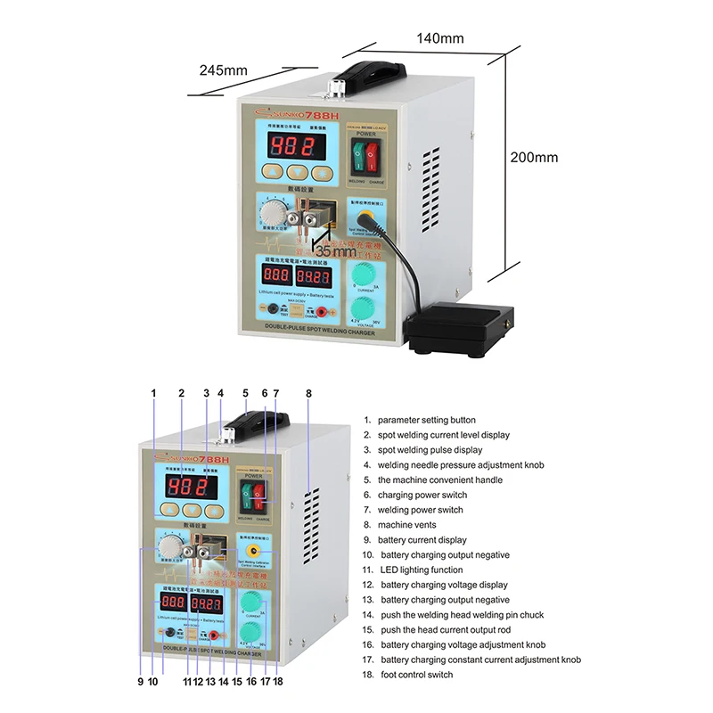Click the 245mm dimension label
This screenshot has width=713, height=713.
tap(223, 70)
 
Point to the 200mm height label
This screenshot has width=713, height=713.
tap(534, 157)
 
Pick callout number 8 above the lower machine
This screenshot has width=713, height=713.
tap(308, 393)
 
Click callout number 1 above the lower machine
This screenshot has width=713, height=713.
tap(153, 393)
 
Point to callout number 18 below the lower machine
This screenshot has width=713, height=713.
tap(279, 682)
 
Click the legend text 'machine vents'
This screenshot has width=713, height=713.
tap(412, 525)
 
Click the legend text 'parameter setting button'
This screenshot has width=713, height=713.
tap(427, 420)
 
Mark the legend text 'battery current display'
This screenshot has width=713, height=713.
tap(422, 540)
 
